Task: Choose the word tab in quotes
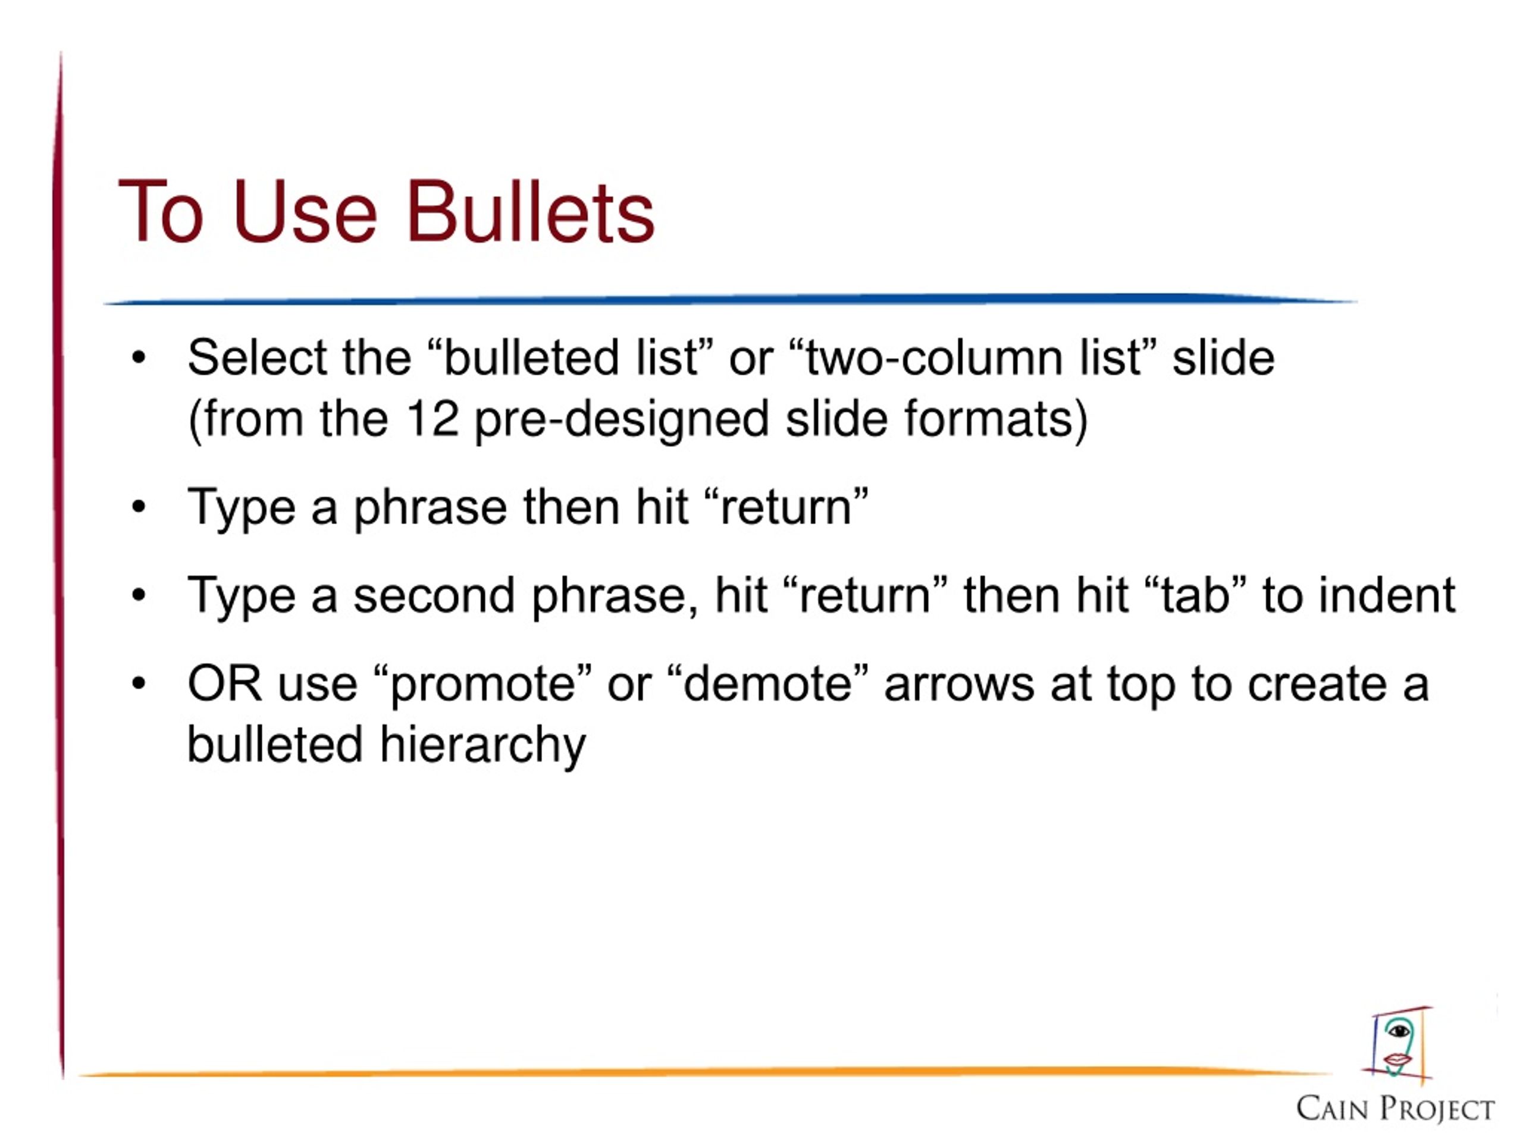(x=1195, y=595)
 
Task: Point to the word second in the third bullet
(x=434, y=595)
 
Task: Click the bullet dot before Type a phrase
(x=139, y=508)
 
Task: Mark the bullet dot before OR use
(x=139, y=684)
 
